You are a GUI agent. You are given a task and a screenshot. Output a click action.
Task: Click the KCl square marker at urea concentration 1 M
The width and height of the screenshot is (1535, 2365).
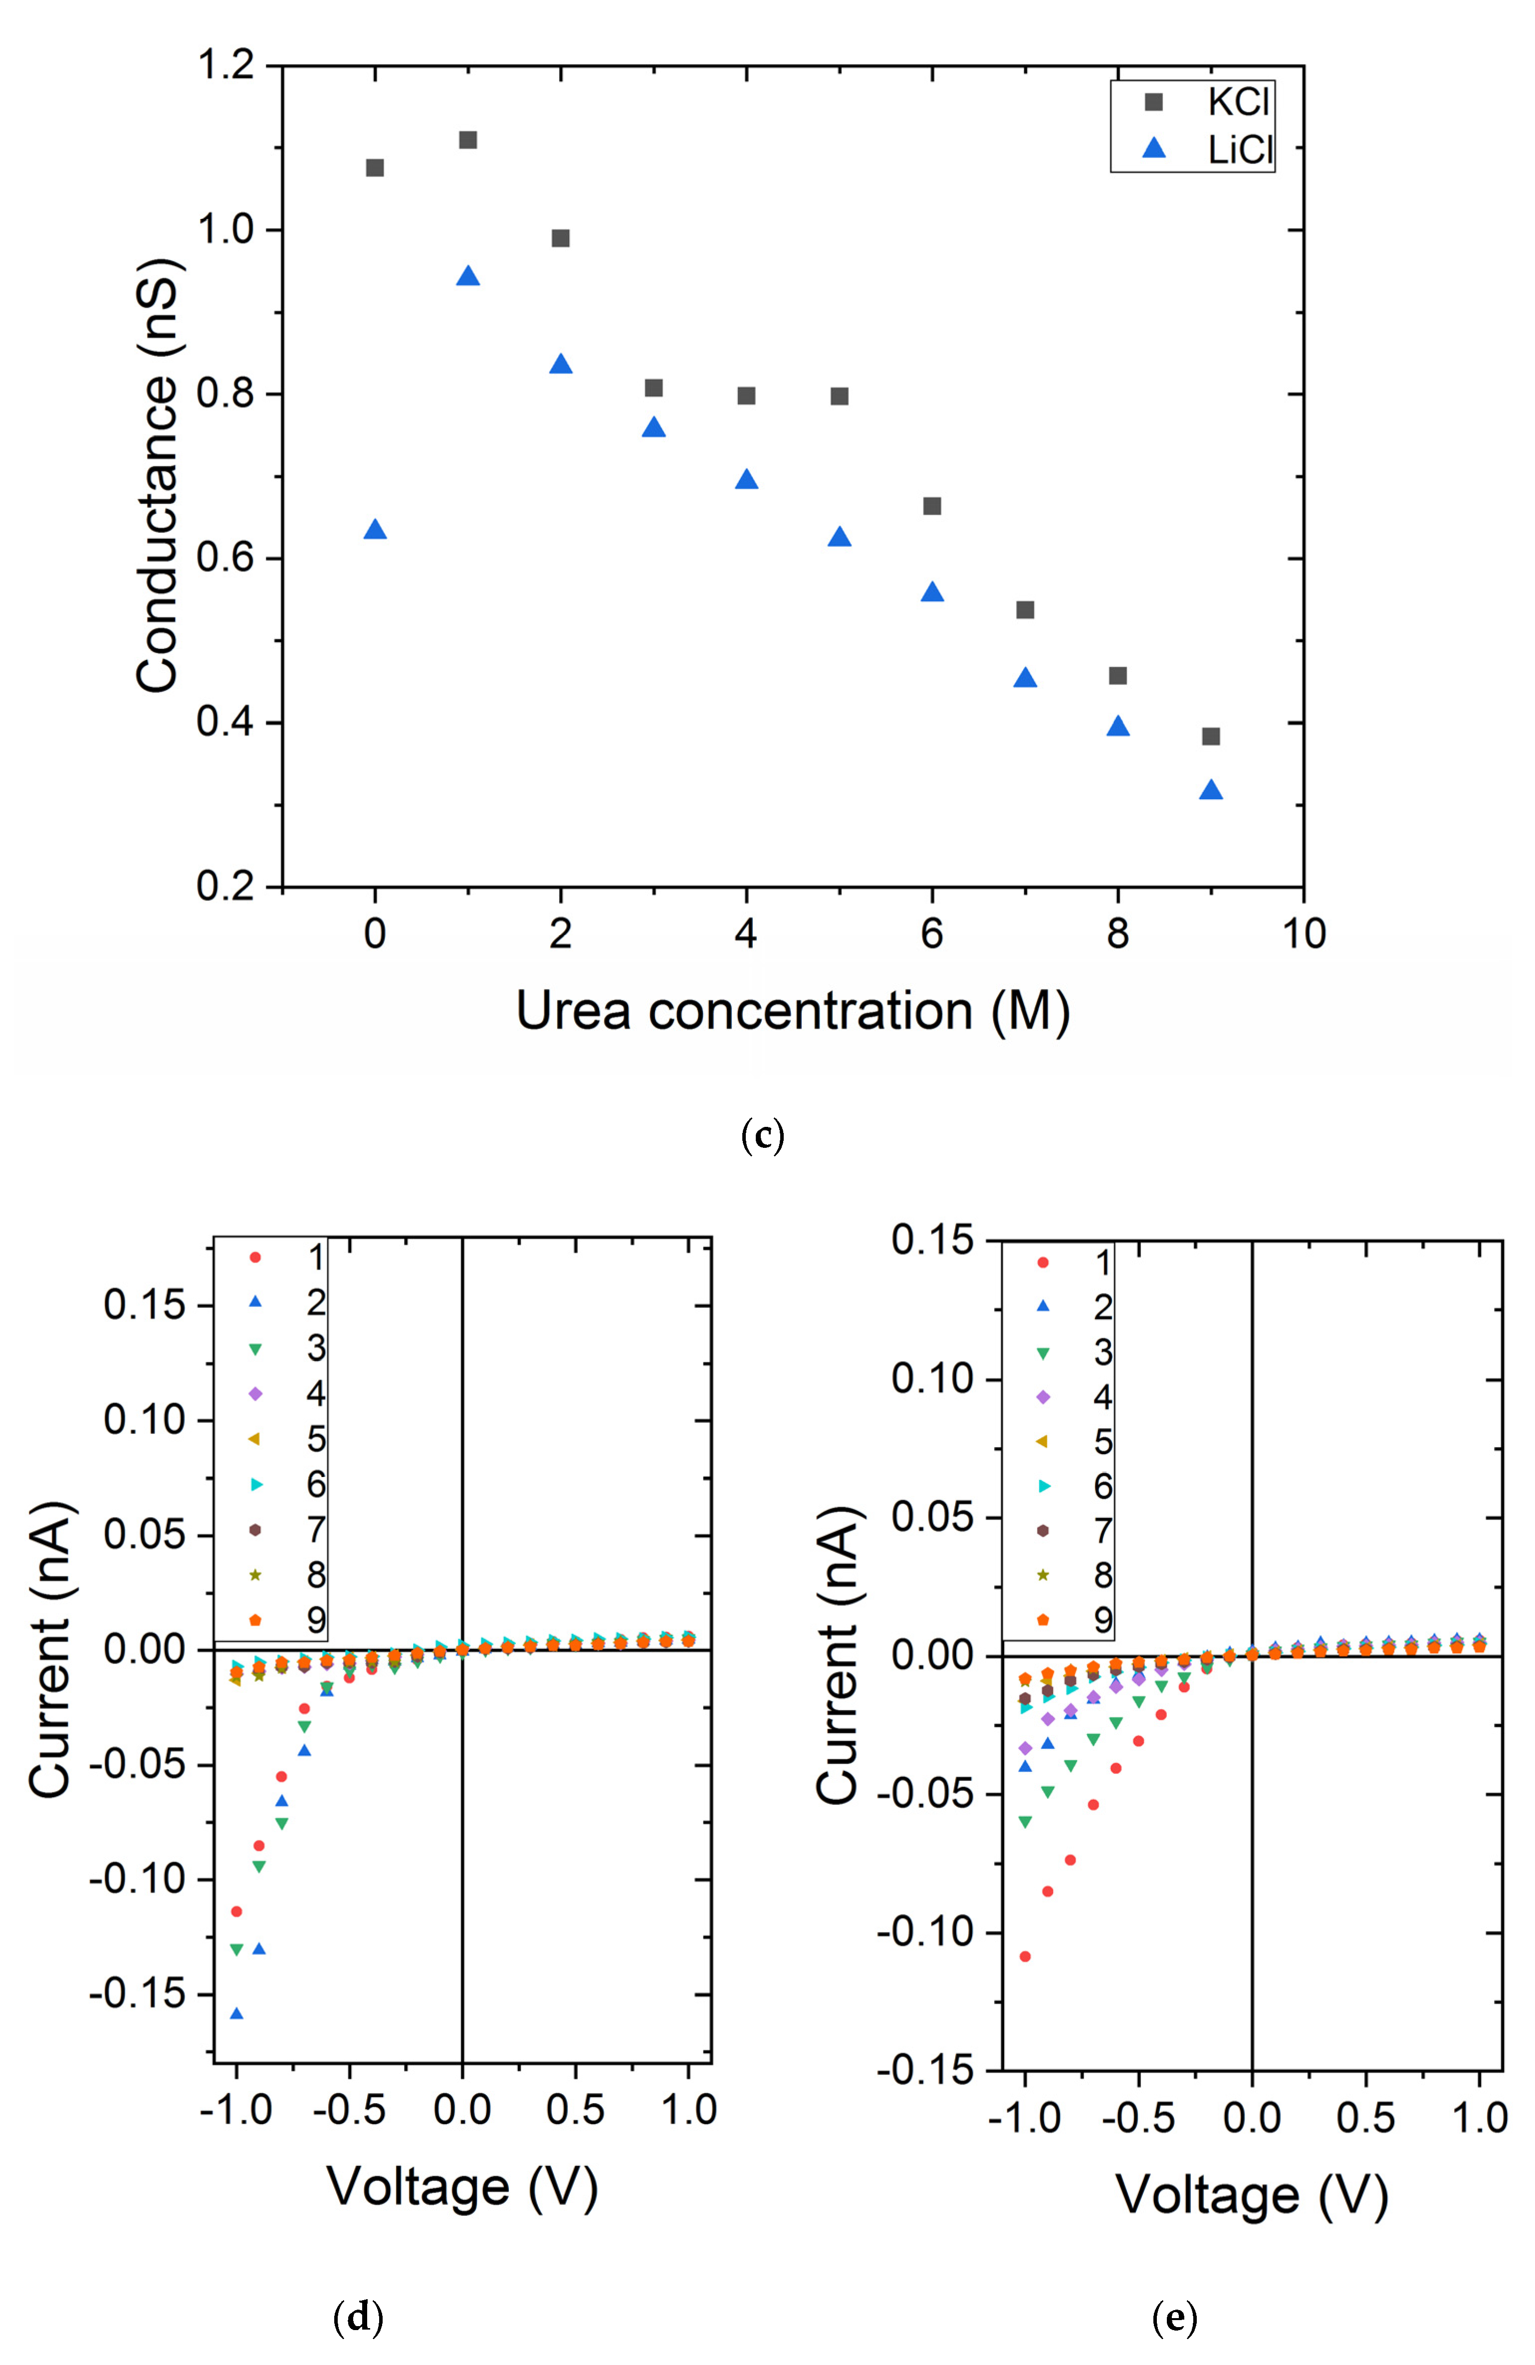tap(468, 140)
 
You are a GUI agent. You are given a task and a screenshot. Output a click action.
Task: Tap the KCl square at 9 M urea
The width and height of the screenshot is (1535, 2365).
tap(1210, 736)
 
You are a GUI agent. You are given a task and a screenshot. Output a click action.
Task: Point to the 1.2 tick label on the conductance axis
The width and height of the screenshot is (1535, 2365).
tap(224, 66)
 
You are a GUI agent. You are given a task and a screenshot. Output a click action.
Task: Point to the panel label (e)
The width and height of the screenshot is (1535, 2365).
tap(1174, 2317)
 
